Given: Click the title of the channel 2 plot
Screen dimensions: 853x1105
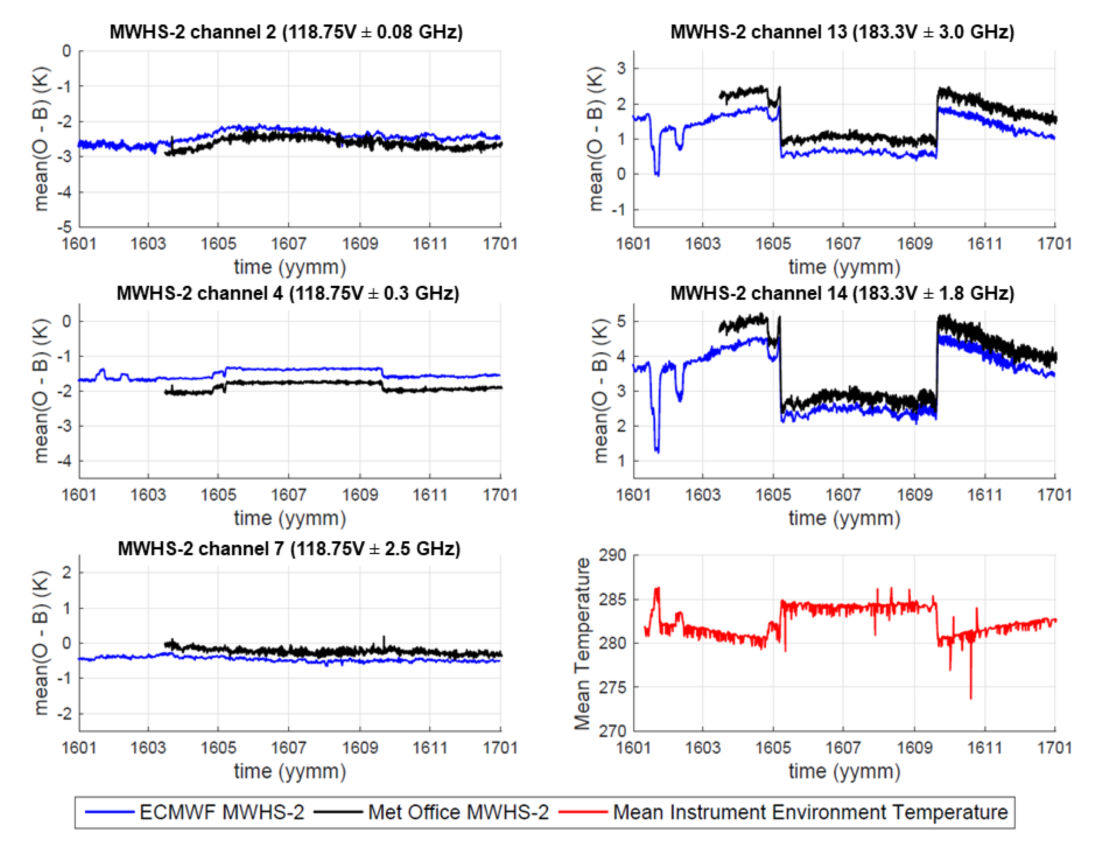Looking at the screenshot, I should tap(286, 32).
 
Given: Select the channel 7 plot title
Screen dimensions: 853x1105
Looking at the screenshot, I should tap(289, 549).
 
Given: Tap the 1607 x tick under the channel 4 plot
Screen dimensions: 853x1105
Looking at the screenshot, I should tap(288, 495).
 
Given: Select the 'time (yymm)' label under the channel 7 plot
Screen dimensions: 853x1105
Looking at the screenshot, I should tap(289, 771).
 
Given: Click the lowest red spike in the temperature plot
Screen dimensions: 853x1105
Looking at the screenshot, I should tap(970, 698).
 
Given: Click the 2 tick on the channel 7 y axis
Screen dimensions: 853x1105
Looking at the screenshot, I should tap(66, 572).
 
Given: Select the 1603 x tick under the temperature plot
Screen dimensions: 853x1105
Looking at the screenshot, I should tap(702, 748).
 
